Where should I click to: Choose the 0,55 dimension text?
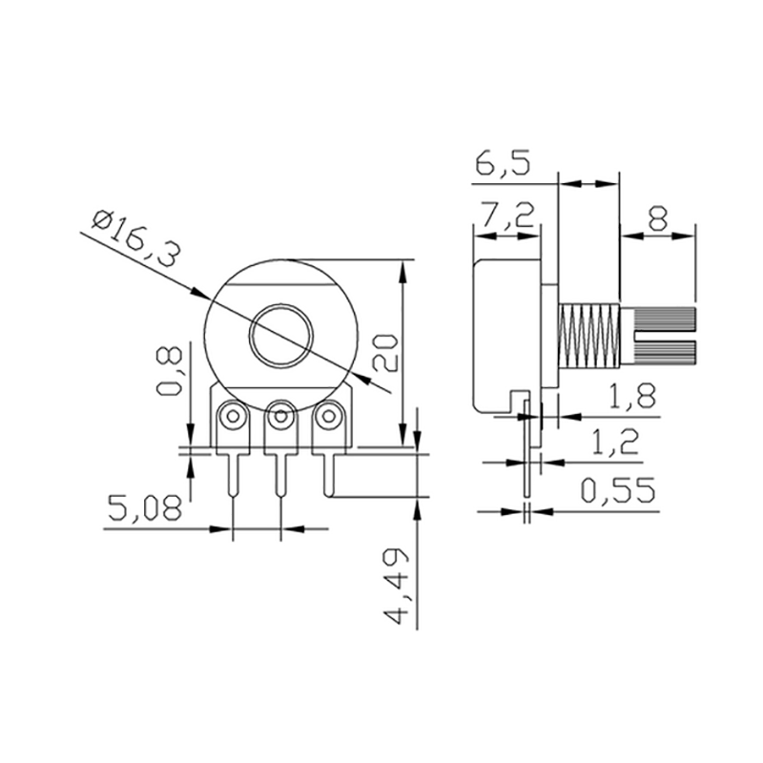coord(620,492)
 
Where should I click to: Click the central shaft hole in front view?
coord(281,335)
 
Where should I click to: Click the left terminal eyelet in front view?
coord(232,416)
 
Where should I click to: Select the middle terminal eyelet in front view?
coord(280,416)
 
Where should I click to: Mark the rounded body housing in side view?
coord(505,334)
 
